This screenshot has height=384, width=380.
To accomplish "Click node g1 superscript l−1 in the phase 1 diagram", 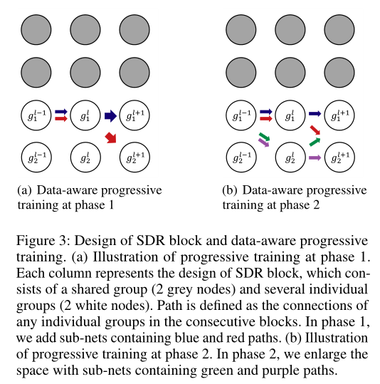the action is pos(36,115).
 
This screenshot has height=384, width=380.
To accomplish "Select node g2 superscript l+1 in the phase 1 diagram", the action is pos(134,157).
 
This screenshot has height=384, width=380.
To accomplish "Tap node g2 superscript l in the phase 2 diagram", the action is pos(290,157).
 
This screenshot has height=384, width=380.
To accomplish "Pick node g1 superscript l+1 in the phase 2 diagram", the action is pos(339,115).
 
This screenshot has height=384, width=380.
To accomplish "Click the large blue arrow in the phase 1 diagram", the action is pos(110,116).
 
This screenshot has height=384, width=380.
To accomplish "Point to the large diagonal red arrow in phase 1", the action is pos(111,138).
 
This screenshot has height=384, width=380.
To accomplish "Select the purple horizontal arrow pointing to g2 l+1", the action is pos(315,157).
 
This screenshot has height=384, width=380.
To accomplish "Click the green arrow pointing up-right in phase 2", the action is pos(315,142).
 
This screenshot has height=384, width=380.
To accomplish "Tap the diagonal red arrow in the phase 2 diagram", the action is pos(315,130).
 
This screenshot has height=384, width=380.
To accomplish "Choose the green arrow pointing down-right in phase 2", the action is pos(264,136).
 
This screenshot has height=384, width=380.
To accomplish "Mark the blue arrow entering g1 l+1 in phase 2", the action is pos(315,114).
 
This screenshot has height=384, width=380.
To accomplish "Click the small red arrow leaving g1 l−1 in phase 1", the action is pos(61,119).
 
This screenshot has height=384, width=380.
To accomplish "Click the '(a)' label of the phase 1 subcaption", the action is pos(24,190).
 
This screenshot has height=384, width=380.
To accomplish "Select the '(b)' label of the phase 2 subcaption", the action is pos(230,190).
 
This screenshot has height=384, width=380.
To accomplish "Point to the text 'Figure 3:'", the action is pos(41,241).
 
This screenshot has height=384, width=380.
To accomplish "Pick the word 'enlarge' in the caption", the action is pos(324,355).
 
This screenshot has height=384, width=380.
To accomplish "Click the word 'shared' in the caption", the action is pos(91,289).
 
